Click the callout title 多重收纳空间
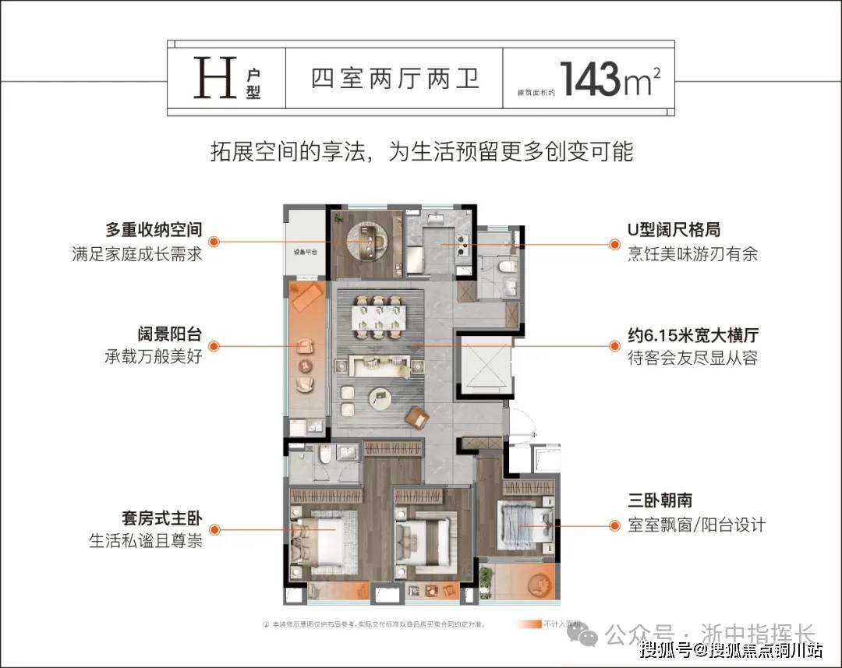pos(154,231)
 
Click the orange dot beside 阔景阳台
pos(214,346)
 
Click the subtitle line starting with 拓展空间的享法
pos(421,151)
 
